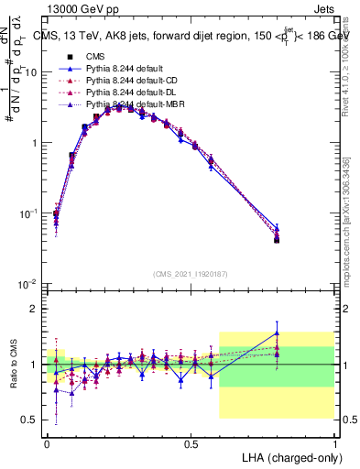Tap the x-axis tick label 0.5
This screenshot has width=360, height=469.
click(x=191, y=442)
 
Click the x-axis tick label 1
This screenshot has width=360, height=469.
click(x=335, y=442)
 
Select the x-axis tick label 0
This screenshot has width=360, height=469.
click(x=47, y=442)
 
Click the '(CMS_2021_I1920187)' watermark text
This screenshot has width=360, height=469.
click(x=191, y=272)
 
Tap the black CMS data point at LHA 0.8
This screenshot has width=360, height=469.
click(x=278, y=240)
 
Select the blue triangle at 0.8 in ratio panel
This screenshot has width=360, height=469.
click(x=278, y=333)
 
